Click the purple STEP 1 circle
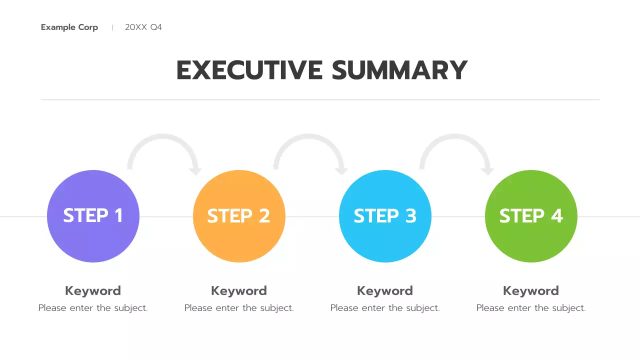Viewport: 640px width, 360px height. click(93, 216)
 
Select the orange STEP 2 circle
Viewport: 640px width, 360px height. click(239, 216)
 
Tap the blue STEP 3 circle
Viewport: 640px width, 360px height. click(385, 216)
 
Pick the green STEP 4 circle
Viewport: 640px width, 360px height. click(531, 216)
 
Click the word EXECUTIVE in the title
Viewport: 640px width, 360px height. click(249, 70)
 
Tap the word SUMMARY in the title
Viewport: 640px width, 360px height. click(399, 70)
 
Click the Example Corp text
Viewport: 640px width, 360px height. click(69, 27)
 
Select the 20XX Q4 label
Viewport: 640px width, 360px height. click(143, 27)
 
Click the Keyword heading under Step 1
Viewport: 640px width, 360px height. click(93, 291)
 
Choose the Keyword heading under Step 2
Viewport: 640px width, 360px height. click(239, 291)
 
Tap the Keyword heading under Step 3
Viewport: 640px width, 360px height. click(385, 291)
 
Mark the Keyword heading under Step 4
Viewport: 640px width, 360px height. click(531, 291)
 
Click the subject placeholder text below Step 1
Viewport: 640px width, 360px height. click(93, 308)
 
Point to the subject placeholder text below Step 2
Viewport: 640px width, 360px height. click(239, 308)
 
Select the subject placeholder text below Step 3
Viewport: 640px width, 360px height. click(385, 308)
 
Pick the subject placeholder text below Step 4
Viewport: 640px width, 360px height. click(531, 308)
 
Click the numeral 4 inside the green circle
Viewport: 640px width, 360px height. click(556, 216)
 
